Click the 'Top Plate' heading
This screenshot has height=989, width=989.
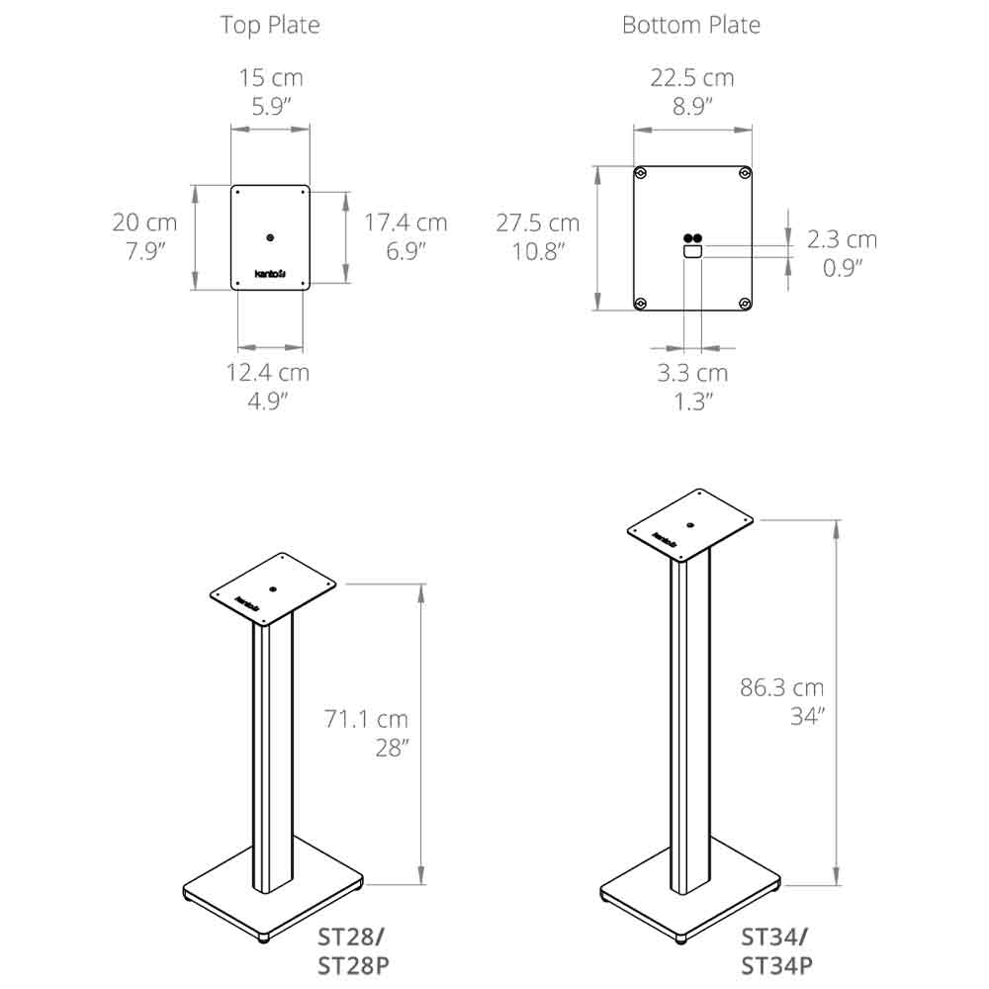coord(270,25)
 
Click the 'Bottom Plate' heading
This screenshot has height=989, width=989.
coord(691,25)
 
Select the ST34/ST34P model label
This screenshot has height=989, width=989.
coord(775,950)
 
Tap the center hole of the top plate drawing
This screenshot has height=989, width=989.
coord(271,237)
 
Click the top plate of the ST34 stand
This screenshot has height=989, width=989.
coord(691,524)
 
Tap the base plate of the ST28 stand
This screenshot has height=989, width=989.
coord(272,895)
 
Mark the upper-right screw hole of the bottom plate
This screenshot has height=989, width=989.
coord(743,175)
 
